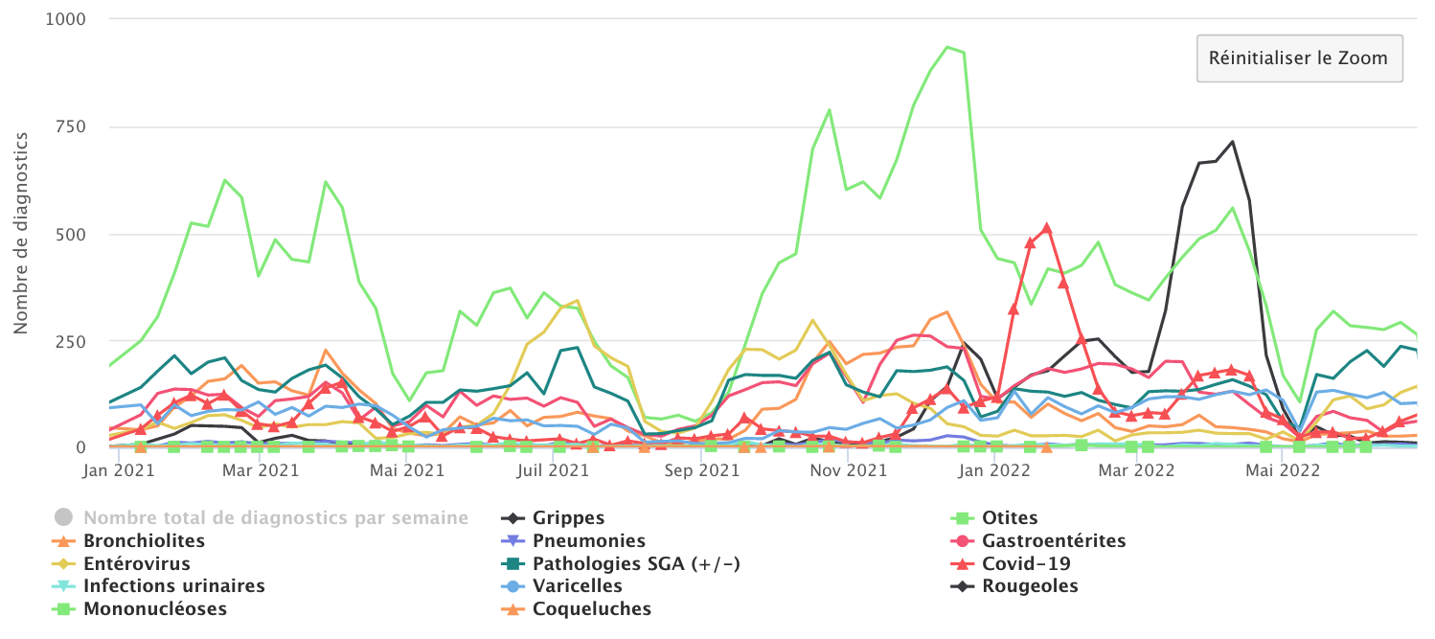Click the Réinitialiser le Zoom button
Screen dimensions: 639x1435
point(1298,58)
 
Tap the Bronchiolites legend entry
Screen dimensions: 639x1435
point(144,541)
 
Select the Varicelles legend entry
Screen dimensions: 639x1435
point(577,586)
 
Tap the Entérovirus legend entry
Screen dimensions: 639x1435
point(136,563)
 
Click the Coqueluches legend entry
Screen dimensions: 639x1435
point(591,609)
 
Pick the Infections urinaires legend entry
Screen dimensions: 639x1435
point(173,586)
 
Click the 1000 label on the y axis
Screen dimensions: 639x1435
point(64,19)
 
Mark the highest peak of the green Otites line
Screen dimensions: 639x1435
point(947,47)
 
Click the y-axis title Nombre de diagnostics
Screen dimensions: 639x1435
point(20,234)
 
